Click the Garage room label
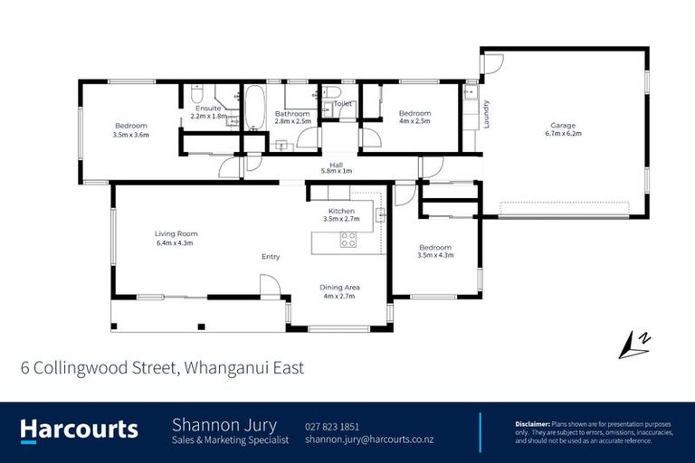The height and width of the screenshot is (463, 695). click(x=563, y=125)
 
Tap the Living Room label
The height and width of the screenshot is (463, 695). click(x=176, y=233)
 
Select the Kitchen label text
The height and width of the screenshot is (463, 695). click(x=341, y=210)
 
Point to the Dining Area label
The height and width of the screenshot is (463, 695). click(x=338, y=288)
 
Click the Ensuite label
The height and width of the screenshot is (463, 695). click(x=208, y=109)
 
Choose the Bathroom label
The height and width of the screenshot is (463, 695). click(x=294, y=113)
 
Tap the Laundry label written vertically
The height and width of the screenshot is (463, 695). click(x=486, y=114)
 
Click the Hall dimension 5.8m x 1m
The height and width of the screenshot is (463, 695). click(x=336, y=172)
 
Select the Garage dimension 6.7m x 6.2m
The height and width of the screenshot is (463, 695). click(x=563, y=133)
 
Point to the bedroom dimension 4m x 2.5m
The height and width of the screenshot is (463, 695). click(x=414, y=120)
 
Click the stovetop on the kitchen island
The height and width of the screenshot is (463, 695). click(x=348, y=240)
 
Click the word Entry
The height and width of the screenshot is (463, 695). click(x=271, y=257)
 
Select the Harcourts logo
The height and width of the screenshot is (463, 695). click(x=80, y=430)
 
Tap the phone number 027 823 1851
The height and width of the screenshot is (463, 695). click(x=332, y=426)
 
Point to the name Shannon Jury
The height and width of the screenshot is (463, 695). click(x=224, y=425)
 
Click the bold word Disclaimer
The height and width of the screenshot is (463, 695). click(x=532, y=423)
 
